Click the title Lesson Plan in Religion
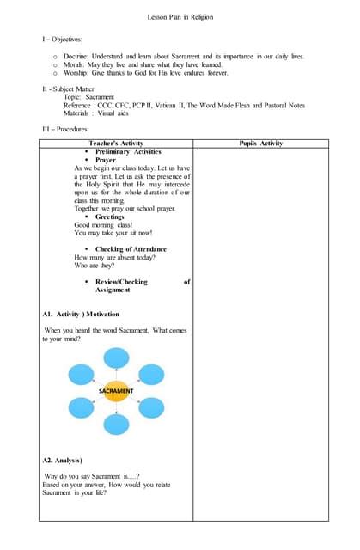pyautogui.click(x=180, y=17)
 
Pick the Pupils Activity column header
pyautogui.click(x=260, y=143)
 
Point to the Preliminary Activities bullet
pyautogui.click(x=128, y=151)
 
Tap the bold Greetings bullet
pyautogui.click(x=110, y=217)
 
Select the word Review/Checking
pyautogui.click(x=121, y=282)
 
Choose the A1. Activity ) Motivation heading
pyautogui.click(x=81, y=315)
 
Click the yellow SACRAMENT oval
pyautogui.click(x=116, y=390)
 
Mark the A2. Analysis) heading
pyautogui.click(x=63, y=461)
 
